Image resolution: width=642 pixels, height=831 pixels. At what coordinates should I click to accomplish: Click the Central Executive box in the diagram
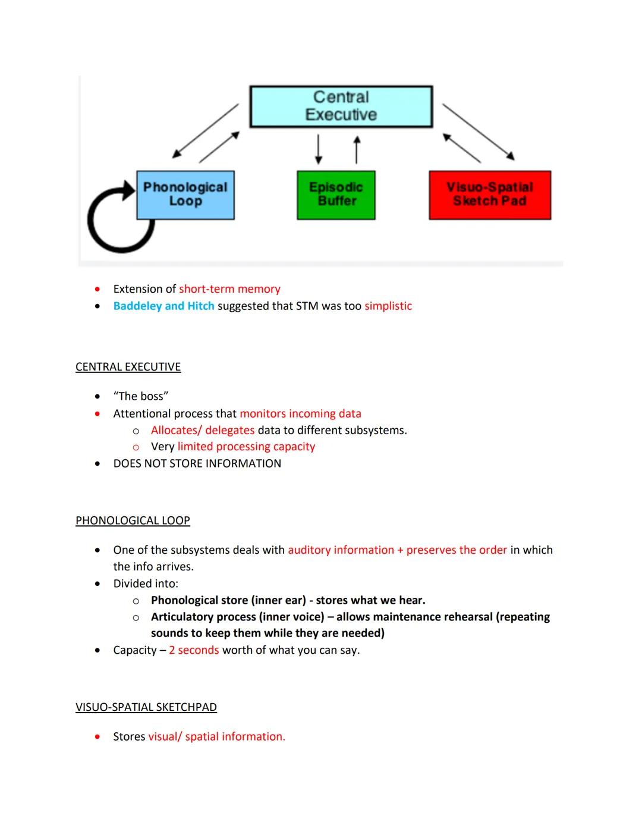pyautogui.click(x=341, y=106)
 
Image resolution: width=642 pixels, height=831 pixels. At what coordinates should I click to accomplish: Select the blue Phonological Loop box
pyautogui.click(x=185, y=195)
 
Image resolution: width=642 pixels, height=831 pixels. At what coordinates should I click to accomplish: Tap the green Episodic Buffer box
pyautogui.click(x=336, y=195)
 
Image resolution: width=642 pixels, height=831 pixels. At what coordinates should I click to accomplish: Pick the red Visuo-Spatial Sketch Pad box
pyautogui.click(x=490, y=195)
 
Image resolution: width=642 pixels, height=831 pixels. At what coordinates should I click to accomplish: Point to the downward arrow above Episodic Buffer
pyautogui.click(x=319, y=149)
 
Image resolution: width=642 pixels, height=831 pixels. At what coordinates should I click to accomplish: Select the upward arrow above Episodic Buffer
pyautogui.click(x=357, y=149)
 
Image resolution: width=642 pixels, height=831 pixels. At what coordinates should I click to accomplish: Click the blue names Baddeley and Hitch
pyautogui.click(x=163, y=306)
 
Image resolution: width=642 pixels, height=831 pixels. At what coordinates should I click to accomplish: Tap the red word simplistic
pyautogui.click(x=388, y=306)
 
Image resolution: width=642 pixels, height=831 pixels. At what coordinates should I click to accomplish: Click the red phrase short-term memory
pyautogui.click(x=229, y=289)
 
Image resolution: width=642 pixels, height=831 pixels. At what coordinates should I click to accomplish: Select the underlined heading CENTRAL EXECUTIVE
pyautogui.click(x=128, y=367)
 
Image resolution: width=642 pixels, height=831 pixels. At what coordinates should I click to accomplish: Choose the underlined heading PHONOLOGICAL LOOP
pyautogui.click(x=133, y=520)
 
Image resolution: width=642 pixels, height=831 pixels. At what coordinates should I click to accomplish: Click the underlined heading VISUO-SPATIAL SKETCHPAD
pyautogui.click(x=146, y=707)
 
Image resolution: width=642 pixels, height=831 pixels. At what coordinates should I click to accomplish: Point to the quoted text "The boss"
pyautogui.click(x=141, y=396)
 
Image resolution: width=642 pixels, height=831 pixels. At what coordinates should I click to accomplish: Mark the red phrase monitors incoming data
pyautogui.click(x=300, y=413)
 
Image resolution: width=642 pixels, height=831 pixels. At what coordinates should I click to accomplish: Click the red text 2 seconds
pyautogui.click(x=194, y=650)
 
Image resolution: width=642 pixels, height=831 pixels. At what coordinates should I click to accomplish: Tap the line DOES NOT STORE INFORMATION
pyautogui.click(x=197, y=463)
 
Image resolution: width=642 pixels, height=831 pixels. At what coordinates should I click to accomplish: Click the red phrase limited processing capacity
pyautogui.click(x=246, y=447)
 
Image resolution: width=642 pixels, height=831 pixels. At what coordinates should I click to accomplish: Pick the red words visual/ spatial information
pyautogui.click(x=216, y=736)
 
